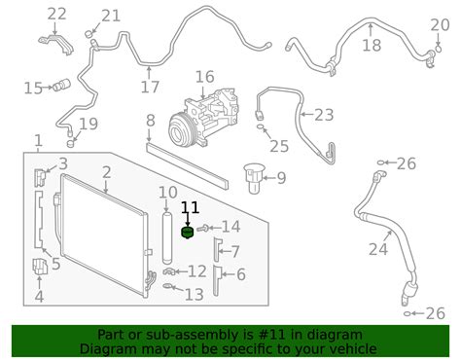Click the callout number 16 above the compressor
205,78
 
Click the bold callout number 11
191,207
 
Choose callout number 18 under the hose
372,46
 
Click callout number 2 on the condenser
106,172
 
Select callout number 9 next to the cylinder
280,177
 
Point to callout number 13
195,294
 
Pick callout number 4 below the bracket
39,297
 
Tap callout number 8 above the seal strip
150,121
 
